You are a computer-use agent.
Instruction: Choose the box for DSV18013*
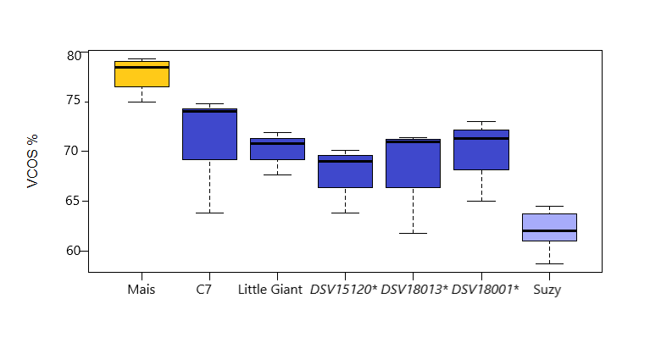413,164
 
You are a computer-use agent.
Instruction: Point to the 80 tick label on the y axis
74,56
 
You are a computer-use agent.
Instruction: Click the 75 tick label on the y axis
74,101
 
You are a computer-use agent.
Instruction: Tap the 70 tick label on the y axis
74,151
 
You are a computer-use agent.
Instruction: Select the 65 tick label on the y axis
74,201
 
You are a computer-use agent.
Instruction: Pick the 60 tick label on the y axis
74,251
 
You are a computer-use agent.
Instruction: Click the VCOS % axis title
33,161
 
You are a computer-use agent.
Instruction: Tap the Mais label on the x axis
142,290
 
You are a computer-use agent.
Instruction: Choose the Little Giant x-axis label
270,290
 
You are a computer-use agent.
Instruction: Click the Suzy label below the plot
547,290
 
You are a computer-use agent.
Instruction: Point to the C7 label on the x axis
203,290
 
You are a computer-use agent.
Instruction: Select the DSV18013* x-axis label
414,290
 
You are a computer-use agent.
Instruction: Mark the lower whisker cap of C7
209,213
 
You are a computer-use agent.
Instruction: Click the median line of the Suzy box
549,230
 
